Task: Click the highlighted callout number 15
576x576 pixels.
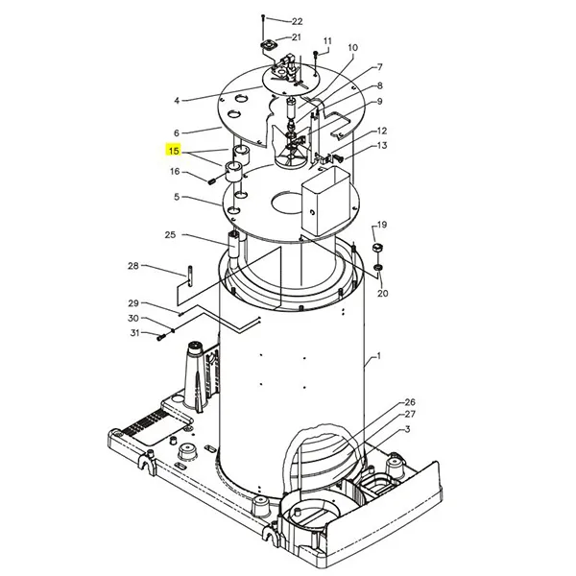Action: pyautogui.click(x=174, y=151)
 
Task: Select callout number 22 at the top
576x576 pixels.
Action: pyautogui.click(x=297, y=21)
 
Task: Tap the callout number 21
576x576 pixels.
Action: pyautogui.click(x=297, y=37)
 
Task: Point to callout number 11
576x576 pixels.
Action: pyautogui.click(x=326, y=41)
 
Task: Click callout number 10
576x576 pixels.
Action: pyautogui.click(x=352, y=47)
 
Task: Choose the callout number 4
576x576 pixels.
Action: pyautogui.click(x=177, y=100)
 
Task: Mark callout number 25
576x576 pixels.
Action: pyautogui.click(x=170, y=234)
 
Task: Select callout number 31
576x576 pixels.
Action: pyautogui.click(x=134, y=333)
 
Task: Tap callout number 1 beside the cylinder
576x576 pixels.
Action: pyautogui.click(x=378, y=356)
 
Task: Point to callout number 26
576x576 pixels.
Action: pyautogui.click(x=409, y=401)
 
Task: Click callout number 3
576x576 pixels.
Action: pyautogui.click(x=407, y=429)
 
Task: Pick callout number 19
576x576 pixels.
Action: pyautogui.click(x=381, y=225)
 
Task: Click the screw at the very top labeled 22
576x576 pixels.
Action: pyautogui.click(x=264, y=20)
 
